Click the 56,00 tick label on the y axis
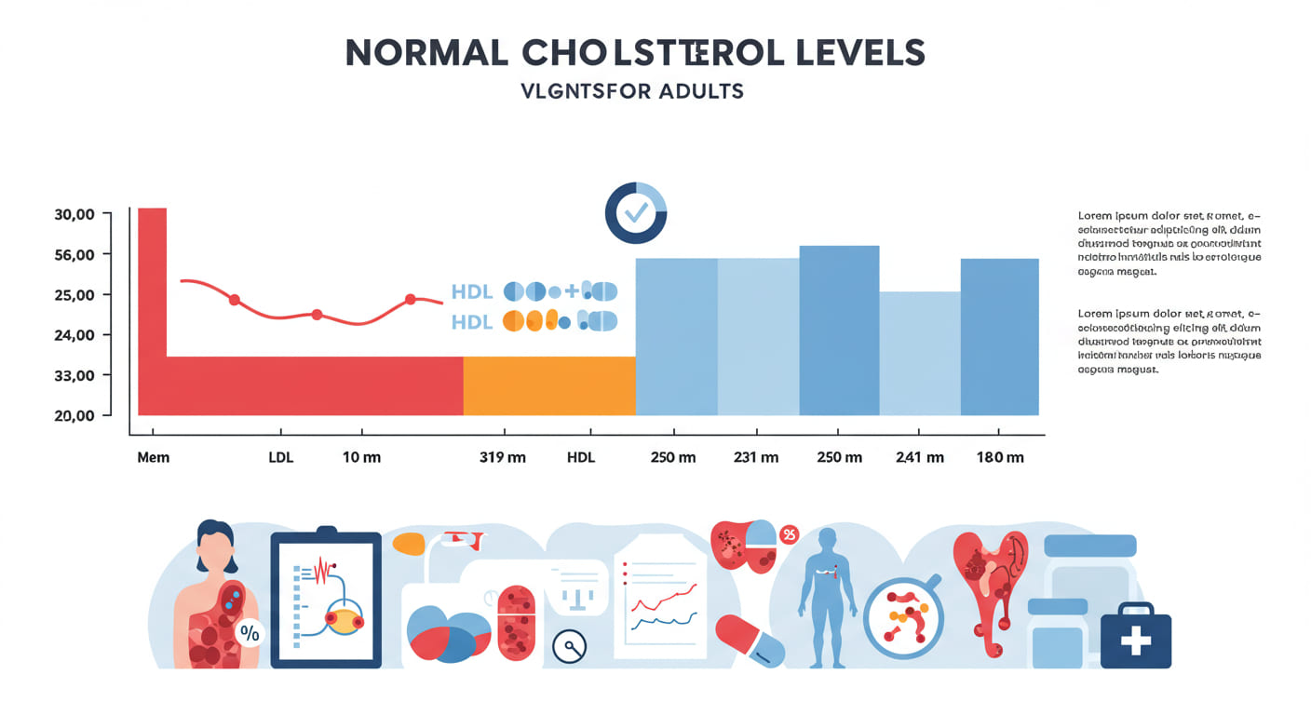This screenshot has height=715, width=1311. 75,255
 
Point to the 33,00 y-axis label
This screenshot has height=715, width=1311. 75,376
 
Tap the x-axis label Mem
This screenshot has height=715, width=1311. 153,458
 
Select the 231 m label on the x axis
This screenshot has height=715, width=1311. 756,458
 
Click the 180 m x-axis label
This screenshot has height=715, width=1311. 1000,458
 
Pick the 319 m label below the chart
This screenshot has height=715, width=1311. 503,458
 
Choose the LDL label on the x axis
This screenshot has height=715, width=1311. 281,458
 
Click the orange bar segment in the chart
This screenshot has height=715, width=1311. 549,385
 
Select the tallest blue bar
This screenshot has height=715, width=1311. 839,331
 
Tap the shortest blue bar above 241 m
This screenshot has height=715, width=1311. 920,354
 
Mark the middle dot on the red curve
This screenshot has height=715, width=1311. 317,315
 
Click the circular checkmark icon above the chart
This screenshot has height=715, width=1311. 636,213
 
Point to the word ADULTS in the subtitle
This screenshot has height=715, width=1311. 699,91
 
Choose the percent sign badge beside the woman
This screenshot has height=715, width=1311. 250,633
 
